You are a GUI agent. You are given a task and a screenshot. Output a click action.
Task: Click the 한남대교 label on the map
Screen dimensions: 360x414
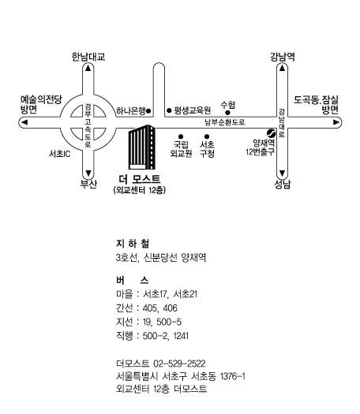88,57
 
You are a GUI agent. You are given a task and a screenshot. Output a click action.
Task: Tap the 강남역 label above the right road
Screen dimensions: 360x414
283,57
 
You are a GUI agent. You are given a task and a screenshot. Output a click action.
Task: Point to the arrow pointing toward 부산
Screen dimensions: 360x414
88,173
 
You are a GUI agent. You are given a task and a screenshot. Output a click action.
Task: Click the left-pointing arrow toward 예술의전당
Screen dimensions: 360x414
24,122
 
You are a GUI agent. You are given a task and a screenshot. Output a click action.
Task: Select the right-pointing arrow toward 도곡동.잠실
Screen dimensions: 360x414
336,122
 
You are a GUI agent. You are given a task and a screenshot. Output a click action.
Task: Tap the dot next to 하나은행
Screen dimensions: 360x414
148,111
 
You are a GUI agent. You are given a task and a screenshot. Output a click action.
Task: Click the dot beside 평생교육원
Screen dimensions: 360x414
169,110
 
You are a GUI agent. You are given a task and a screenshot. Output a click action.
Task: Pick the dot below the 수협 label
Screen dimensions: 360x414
227,113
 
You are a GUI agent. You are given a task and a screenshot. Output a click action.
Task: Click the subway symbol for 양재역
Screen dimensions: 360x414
272,133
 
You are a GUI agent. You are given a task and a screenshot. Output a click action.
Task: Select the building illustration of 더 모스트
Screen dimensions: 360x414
142,147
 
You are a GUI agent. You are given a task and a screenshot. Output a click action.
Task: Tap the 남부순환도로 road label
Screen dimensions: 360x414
225,122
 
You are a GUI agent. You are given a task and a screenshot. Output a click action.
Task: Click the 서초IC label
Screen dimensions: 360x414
60,154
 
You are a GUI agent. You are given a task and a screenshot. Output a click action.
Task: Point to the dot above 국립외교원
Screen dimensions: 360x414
181,136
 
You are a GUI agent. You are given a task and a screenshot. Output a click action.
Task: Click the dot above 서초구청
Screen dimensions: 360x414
207,136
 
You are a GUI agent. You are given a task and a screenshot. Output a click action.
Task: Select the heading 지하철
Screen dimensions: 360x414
133,244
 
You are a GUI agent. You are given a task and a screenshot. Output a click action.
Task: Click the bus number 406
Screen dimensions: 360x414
170,308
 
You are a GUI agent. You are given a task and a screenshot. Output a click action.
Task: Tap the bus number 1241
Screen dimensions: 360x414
181,336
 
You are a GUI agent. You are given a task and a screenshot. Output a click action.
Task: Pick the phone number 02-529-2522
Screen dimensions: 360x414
179,364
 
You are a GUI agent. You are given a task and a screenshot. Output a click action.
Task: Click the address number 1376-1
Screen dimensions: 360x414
233,376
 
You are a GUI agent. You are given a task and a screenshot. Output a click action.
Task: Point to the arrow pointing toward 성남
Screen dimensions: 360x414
282,173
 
